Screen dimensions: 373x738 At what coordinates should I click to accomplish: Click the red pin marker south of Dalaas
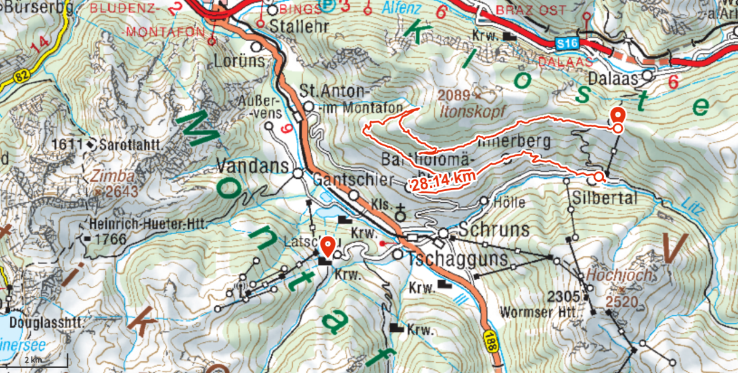coord(618,116)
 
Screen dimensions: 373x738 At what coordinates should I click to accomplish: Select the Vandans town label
coord(253,167)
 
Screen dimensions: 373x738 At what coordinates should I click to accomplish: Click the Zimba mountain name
coord(106,176)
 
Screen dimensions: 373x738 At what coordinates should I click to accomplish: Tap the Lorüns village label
coord(240,61)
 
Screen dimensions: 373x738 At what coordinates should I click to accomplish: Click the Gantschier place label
coord(352,180)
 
